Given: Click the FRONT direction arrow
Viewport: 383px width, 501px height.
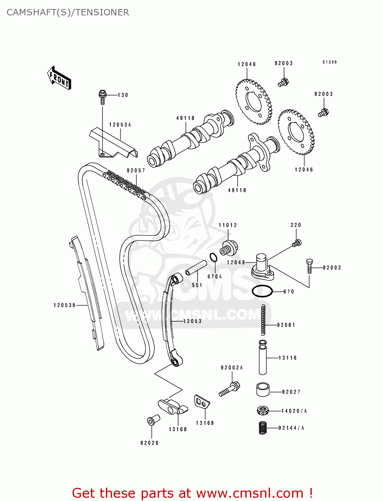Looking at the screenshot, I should point(59,78).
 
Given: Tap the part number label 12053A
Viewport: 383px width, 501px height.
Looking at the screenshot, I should point(120,125).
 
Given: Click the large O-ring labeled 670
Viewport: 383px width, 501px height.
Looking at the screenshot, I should point(262,291).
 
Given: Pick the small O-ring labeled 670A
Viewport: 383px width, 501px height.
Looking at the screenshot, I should point(214,258).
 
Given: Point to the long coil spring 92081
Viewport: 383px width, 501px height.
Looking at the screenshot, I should point(263,320).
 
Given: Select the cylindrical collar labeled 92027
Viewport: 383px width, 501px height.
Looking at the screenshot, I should point(263,389).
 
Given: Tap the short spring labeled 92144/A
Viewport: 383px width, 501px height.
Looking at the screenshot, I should point(263,428).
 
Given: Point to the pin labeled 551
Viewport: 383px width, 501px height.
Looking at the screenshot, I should point(194,268).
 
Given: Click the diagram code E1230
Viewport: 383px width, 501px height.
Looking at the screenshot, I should point(330,62).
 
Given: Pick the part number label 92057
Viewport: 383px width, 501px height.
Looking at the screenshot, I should point(136,171).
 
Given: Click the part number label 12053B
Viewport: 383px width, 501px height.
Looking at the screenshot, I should point(65,305).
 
